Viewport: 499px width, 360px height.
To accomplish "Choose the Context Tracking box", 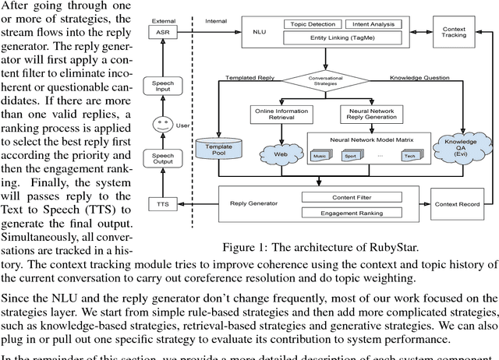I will point(454,32).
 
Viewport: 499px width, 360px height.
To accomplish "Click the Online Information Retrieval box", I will point(281,114).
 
